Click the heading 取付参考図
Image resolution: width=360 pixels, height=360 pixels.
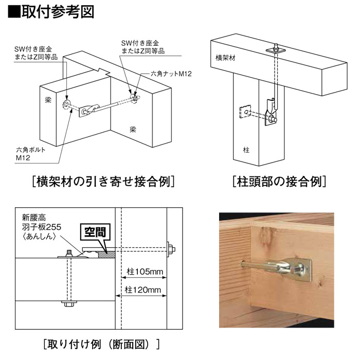pos(51,11)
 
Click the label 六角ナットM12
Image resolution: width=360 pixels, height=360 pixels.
pos(171,74)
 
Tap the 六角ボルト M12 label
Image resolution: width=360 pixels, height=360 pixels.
pos(31,154)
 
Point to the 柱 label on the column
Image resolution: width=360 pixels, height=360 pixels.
pos(246,150)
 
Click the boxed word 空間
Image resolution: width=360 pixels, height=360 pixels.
pos(95,232)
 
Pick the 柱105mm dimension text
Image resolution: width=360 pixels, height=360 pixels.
pos(145,272)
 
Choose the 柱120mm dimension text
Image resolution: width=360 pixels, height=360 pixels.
pos(143,290)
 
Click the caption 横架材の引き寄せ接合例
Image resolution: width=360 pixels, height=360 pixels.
pos(103,182)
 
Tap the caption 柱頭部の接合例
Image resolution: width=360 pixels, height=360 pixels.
pos(279,182)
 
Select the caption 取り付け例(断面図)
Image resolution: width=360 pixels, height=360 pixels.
pos(101,344)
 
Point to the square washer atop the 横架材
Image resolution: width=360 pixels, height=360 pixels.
pos(276,49)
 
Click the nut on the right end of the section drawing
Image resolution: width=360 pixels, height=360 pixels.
pos(171,249)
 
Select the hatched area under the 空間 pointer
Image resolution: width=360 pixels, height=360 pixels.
pos(106,255)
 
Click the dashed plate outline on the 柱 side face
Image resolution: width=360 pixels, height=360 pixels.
pos(245,112)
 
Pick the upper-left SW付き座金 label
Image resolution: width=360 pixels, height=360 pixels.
pos(36,53)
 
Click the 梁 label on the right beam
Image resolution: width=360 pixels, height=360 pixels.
pos(133,130)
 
